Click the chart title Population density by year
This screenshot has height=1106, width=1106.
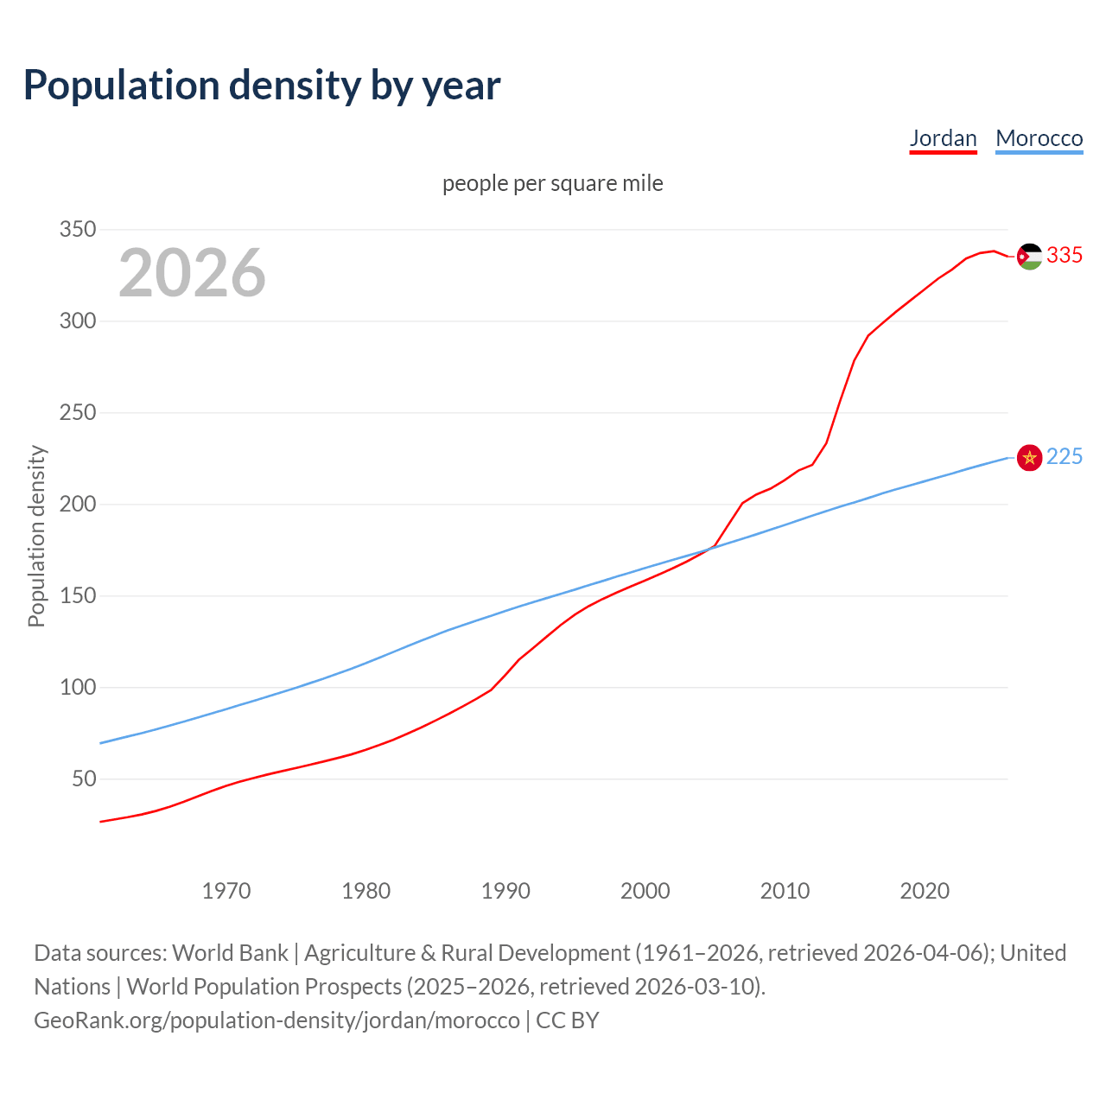click(x=262, y=85)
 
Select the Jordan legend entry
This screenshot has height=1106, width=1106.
click(x=943, y=138)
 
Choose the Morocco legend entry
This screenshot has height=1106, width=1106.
click(x=1039, y=138)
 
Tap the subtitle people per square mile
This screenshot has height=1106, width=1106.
click(x=553, y=183)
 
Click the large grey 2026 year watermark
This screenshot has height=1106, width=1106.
click(x=192, y=273)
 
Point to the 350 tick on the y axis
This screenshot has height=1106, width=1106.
click(x=77, y=230)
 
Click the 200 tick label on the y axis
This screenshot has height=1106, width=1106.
click(x=77, y=505)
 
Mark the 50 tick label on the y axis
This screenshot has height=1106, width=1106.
click(x=84, y=779)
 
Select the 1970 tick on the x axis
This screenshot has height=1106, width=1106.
click(x=226, y=891)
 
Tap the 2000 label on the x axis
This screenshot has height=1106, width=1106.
click(x=645, y=891)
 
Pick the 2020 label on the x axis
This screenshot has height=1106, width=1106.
click(x=925, y=891)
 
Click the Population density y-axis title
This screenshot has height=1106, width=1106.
click(x=36, y=536)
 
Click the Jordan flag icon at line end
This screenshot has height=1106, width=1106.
click(x=1029, y=257)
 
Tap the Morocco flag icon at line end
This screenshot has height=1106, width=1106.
click(x=1029, y=458)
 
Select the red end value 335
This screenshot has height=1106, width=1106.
click(x=1065, y=256)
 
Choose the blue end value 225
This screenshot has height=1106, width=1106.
click(x=1065, y=457)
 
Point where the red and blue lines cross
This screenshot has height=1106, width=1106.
click(x=710, y=548)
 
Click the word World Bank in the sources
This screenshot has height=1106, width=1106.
click(x=230, y=953)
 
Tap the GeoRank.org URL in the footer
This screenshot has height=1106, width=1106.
click(x=276, y=1020)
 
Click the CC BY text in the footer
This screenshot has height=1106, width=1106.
click(x=568, y=1020)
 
